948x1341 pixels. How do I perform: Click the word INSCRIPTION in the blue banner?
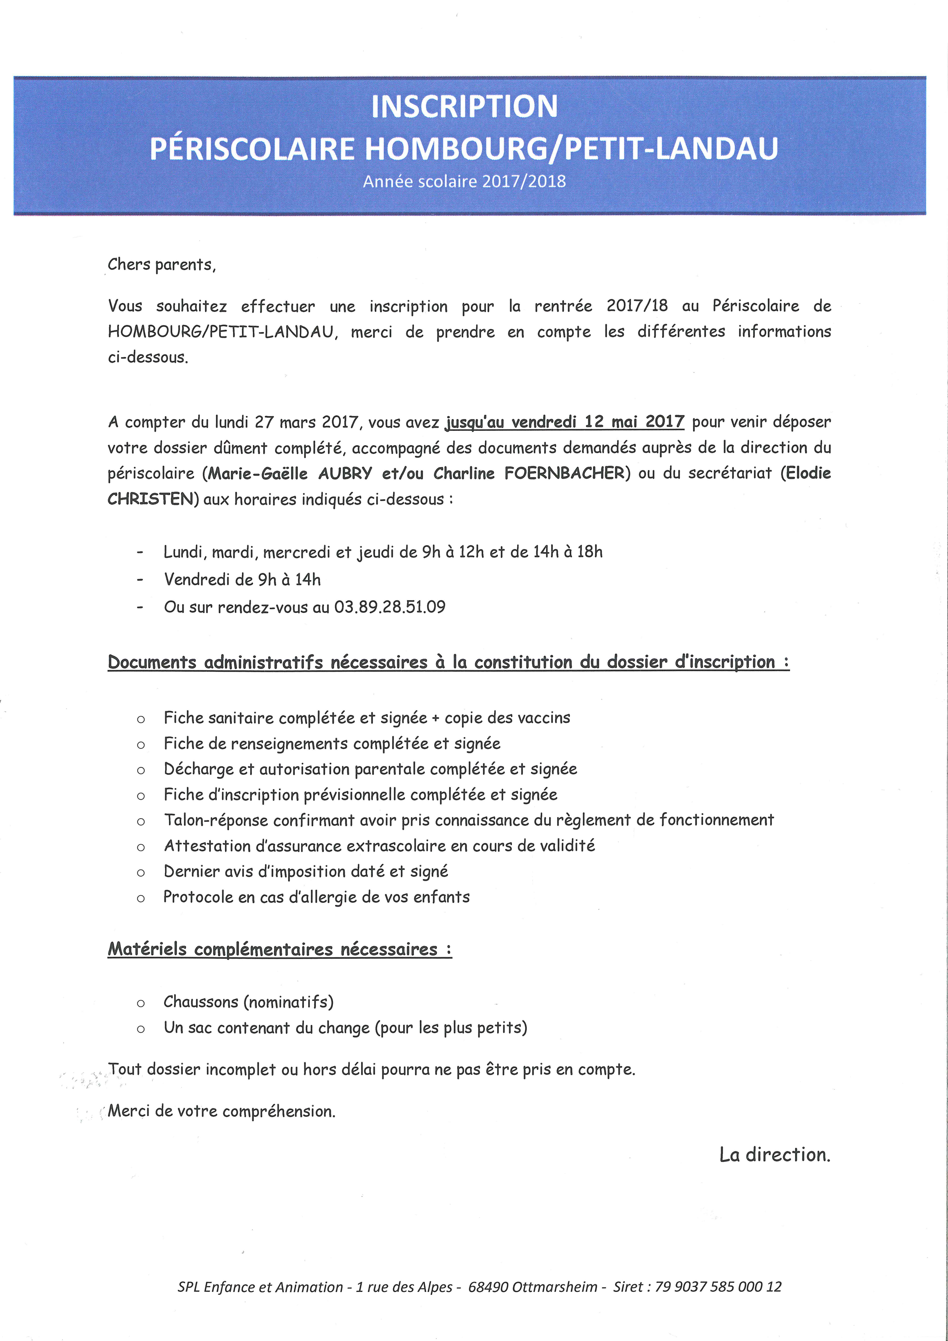coord(464,106)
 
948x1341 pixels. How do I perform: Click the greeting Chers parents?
coord(161,265)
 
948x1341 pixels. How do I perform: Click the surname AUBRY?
coord(345,473)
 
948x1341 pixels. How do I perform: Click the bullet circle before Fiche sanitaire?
coord(141,719)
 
